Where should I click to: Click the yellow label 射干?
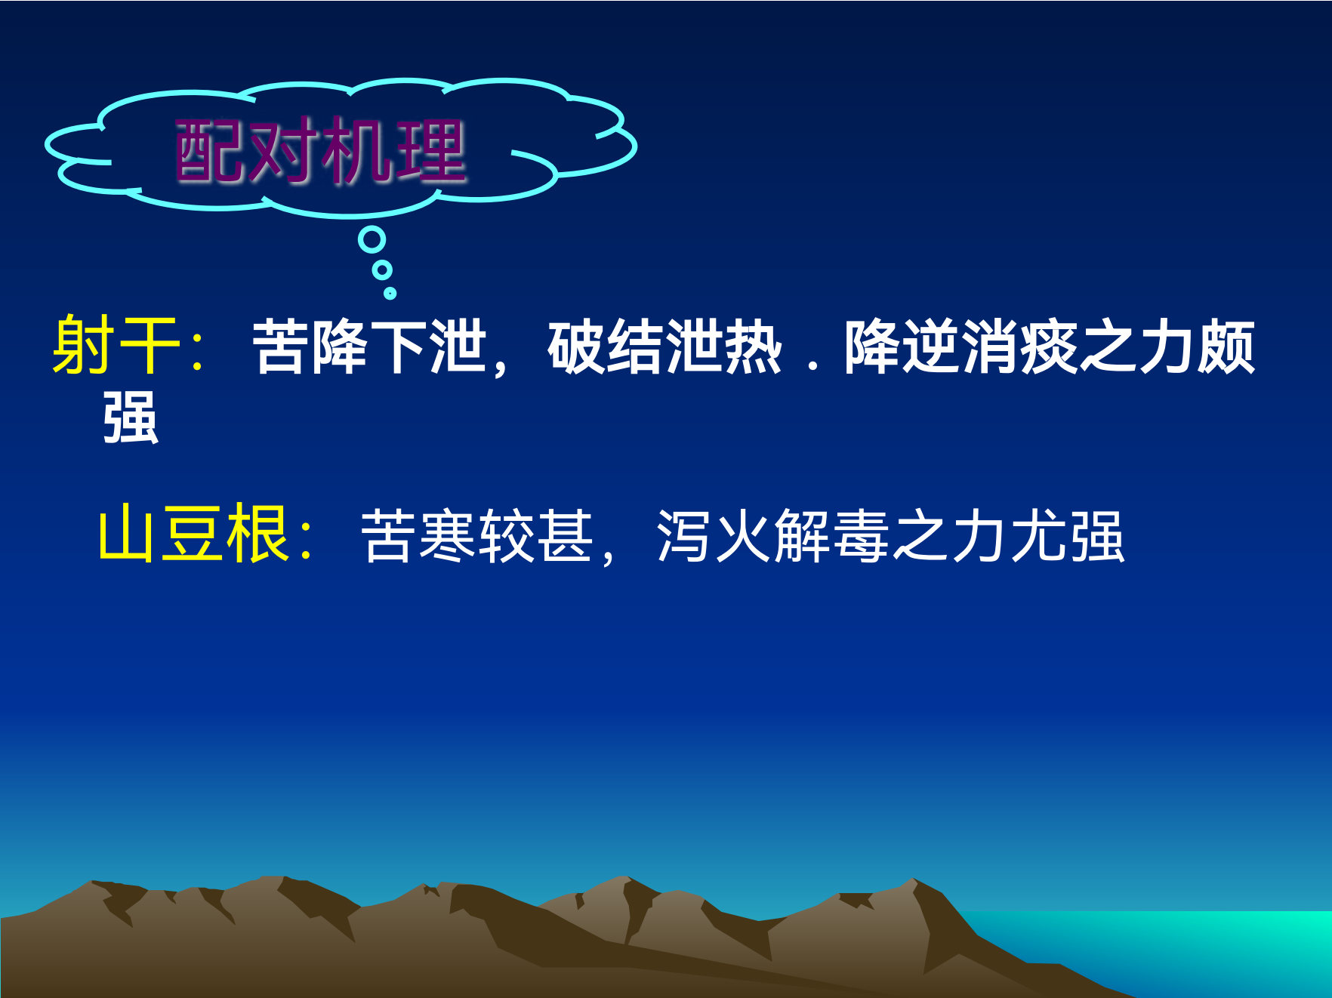(116, 345)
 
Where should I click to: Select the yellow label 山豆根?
(193, 533)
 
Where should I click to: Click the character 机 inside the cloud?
(356, 151)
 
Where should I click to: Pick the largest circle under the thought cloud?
(372, 240)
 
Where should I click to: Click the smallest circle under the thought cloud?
(390, 293)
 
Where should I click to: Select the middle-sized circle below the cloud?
(382, 270)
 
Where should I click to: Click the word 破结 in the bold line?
(606, 347)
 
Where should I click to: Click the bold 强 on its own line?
(131, 417)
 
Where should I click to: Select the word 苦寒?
(419, 536)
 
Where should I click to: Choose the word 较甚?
(536, 536)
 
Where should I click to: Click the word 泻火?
(714, 536)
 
